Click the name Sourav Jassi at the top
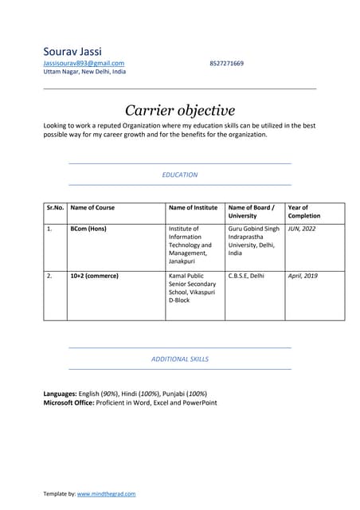click(x=72, y=52)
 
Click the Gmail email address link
click(x=84, y=63)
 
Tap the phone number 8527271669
click(x=227, y=63)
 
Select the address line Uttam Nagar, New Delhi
click(x=84, y=72)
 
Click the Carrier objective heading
click(x=180, y=110)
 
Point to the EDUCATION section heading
click(x=180, y=175)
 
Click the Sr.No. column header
click(x=55, y=208)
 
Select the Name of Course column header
click(x=92, y=208)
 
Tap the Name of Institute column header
click(x=193, y=208)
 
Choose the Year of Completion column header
click(x=304, y=212)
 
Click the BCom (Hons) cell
click(x=88, y=229)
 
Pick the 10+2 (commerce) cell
click(x=95, y=276)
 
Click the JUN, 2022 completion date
click(x=302, y=229)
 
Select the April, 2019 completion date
click(x=303, y=276)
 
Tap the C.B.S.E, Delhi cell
click(x=246, y=276)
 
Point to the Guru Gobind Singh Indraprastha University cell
click(x=253, y=241)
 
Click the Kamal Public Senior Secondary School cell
click(x=191, y=288)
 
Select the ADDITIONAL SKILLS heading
click(x=180, y=359)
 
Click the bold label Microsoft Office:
click(x=68, y=403)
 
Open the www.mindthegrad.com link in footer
click(x=106, y=495)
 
